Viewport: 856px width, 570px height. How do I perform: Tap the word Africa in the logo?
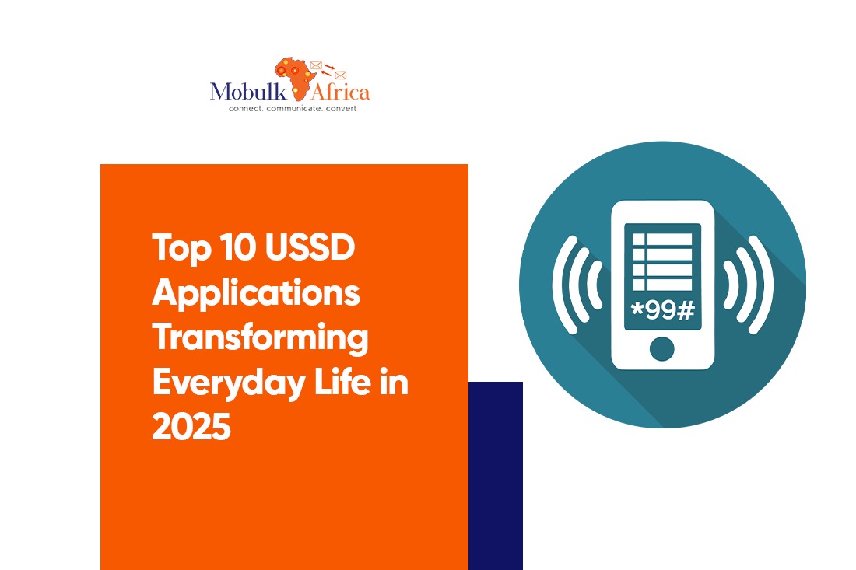[340, 92]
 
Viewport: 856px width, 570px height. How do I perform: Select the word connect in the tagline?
[246, 109]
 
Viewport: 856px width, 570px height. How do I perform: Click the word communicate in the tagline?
[293, 109]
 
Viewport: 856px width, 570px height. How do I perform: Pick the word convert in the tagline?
[341, 109]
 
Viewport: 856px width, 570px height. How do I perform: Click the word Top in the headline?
[181, 248]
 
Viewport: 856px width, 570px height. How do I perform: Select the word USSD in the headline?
[310, 247]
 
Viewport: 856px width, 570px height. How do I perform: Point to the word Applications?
[256, 293]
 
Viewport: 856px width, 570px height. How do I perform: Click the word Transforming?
[260, 339]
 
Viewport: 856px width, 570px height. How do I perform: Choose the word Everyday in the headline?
[229, 383]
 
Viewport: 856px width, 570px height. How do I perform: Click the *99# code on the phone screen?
[663, 310]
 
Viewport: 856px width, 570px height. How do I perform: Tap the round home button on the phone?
[662, 348]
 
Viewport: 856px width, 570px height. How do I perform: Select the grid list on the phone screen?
[663, 262]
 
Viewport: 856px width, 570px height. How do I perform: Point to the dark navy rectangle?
[496, 476]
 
